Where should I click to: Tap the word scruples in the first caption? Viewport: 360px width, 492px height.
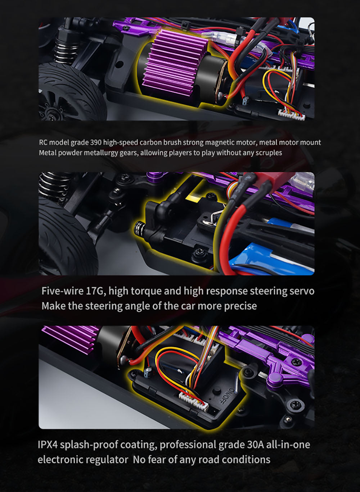[268, 153]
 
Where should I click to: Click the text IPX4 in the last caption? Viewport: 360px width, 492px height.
[48, 445]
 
